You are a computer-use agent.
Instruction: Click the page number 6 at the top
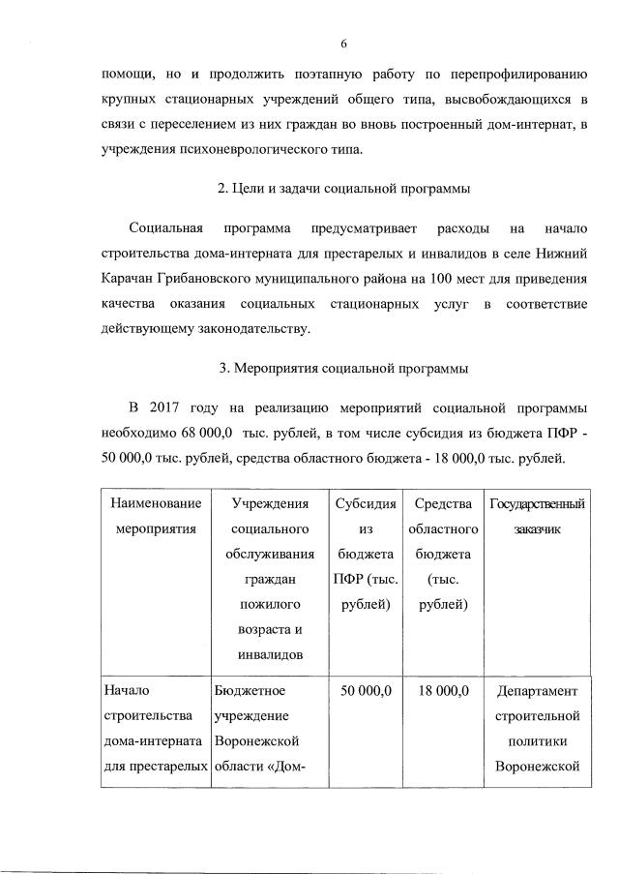(343, 43)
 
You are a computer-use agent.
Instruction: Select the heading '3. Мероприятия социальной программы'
(343, 368)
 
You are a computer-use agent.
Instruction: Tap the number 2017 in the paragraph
(172, 404)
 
